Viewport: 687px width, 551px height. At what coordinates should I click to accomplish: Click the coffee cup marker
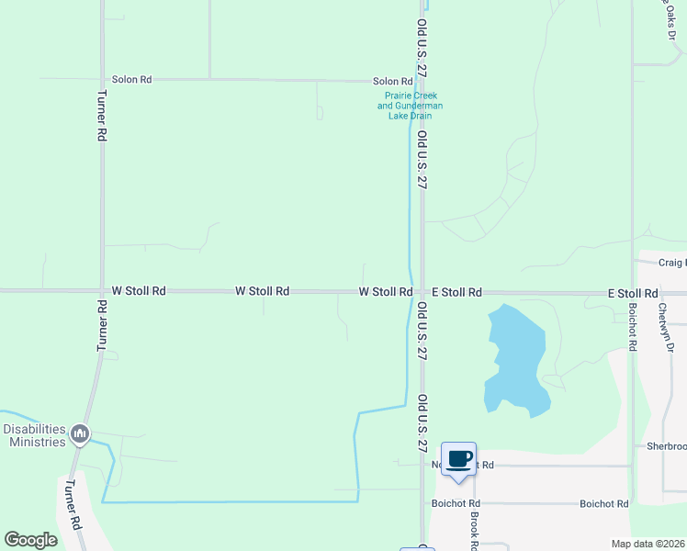point(458,459)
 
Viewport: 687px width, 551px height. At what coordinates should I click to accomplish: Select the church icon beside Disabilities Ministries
point(80,433)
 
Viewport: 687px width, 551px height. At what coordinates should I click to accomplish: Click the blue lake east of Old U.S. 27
point(516,358)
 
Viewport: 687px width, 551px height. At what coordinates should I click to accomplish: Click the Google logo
point(31,540)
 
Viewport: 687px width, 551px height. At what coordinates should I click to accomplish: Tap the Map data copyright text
point(648,544)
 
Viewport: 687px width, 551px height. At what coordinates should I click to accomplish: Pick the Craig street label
point(672,262)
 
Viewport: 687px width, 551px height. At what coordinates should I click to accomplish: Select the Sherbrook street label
point(666,446)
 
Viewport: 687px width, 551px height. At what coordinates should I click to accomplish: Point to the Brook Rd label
point(475,531)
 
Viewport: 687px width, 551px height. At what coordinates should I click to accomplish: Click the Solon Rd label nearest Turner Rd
point(131,80)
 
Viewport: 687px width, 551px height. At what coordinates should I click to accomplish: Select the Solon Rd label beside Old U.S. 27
point(392,82)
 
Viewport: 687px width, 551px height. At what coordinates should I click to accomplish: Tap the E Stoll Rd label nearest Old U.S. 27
point(456,292)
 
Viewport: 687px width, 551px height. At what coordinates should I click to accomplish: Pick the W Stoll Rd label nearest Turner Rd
point(139,290)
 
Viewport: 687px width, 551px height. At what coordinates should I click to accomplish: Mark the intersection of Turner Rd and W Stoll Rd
point(102,290)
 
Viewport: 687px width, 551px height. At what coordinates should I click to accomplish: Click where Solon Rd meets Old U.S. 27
point(422,82)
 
